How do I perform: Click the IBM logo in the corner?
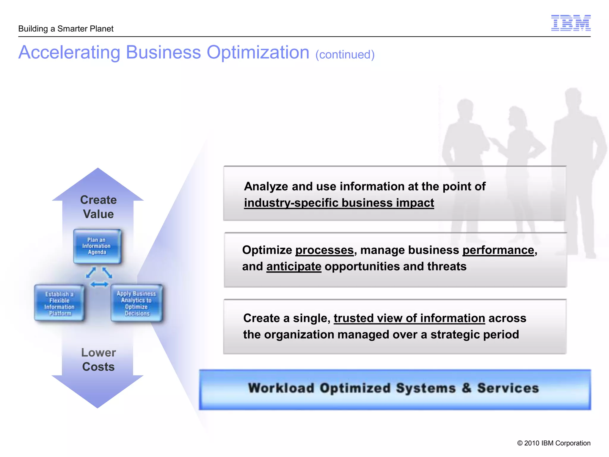[x=571, y=23]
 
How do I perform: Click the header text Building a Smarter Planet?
[x=66, y=29]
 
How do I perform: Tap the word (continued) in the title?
[x=345, y=55]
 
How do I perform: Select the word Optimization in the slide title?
[x=258, y=52]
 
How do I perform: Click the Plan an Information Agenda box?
[x=97, y=246]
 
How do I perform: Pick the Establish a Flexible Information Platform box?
[x=59, y=303]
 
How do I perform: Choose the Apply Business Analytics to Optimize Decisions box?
[x=136, y=303]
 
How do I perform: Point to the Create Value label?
[x=98, y=207]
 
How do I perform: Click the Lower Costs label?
[x=98, y=359]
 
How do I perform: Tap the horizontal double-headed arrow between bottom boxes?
[x=99, y=285]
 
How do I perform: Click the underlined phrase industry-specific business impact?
[x=339, y=203]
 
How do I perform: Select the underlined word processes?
[x=324, y=250]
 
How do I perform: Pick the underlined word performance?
[x=498, y=250]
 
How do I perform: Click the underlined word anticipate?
[x=294, y=267]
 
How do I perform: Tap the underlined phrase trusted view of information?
[x=409, y=318]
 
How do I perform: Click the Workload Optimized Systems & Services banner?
[x=395, y=389]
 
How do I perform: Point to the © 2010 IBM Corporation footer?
[x=554, y=443]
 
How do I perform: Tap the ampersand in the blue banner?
[x=467, y=388]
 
